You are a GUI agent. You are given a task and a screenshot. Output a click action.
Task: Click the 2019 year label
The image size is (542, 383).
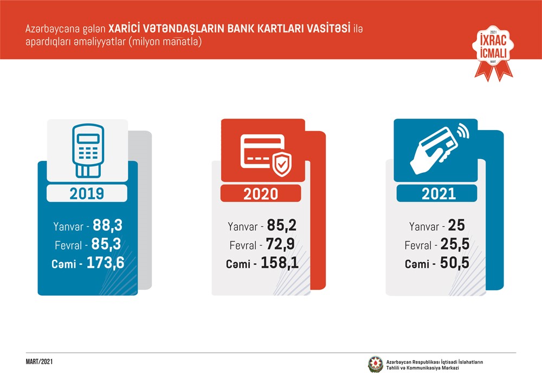(87, 193)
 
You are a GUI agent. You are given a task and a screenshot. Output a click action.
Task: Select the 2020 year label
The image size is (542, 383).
(261, 194)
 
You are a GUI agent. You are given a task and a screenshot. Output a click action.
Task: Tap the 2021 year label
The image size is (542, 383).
(437, 193)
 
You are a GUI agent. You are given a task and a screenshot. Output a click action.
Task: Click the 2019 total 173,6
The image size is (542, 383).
(109, 263)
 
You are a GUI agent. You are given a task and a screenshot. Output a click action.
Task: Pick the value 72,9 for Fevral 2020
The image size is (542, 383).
(281, 245)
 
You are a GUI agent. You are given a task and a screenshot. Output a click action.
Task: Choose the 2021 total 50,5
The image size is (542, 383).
(454, 264)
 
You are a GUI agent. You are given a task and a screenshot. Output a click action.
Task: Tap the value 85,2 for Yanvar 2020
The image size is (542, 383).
(281, 226)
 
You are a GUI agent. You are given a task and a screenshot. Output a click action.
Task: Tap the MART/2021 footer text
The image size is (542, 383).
(40, 361)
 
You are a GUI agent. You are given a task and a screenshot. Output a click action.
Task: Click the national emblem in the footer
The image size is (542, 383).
(375, 364)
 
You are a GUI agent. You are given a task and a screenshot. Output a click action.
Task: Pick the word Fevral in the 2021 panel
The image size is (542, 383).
(418, 246)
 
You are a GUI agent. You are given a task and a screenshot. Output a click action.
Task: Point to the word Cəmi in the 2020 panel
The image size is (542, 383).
(239, 265)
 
